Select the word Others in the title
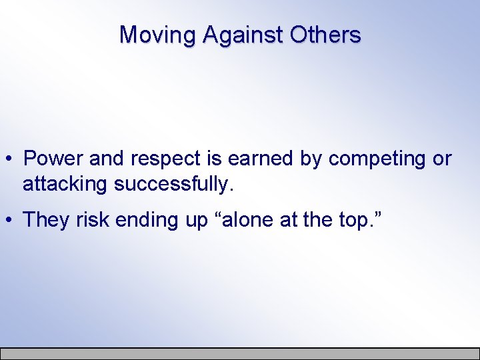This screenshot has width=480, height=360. tap(326, 35)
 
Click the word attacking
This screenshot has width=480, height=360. tap(65, 185)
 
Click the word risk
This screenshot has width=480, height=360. tap(92, 220)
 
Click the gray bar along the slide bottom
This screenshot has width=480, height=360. tap(240, 353)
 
